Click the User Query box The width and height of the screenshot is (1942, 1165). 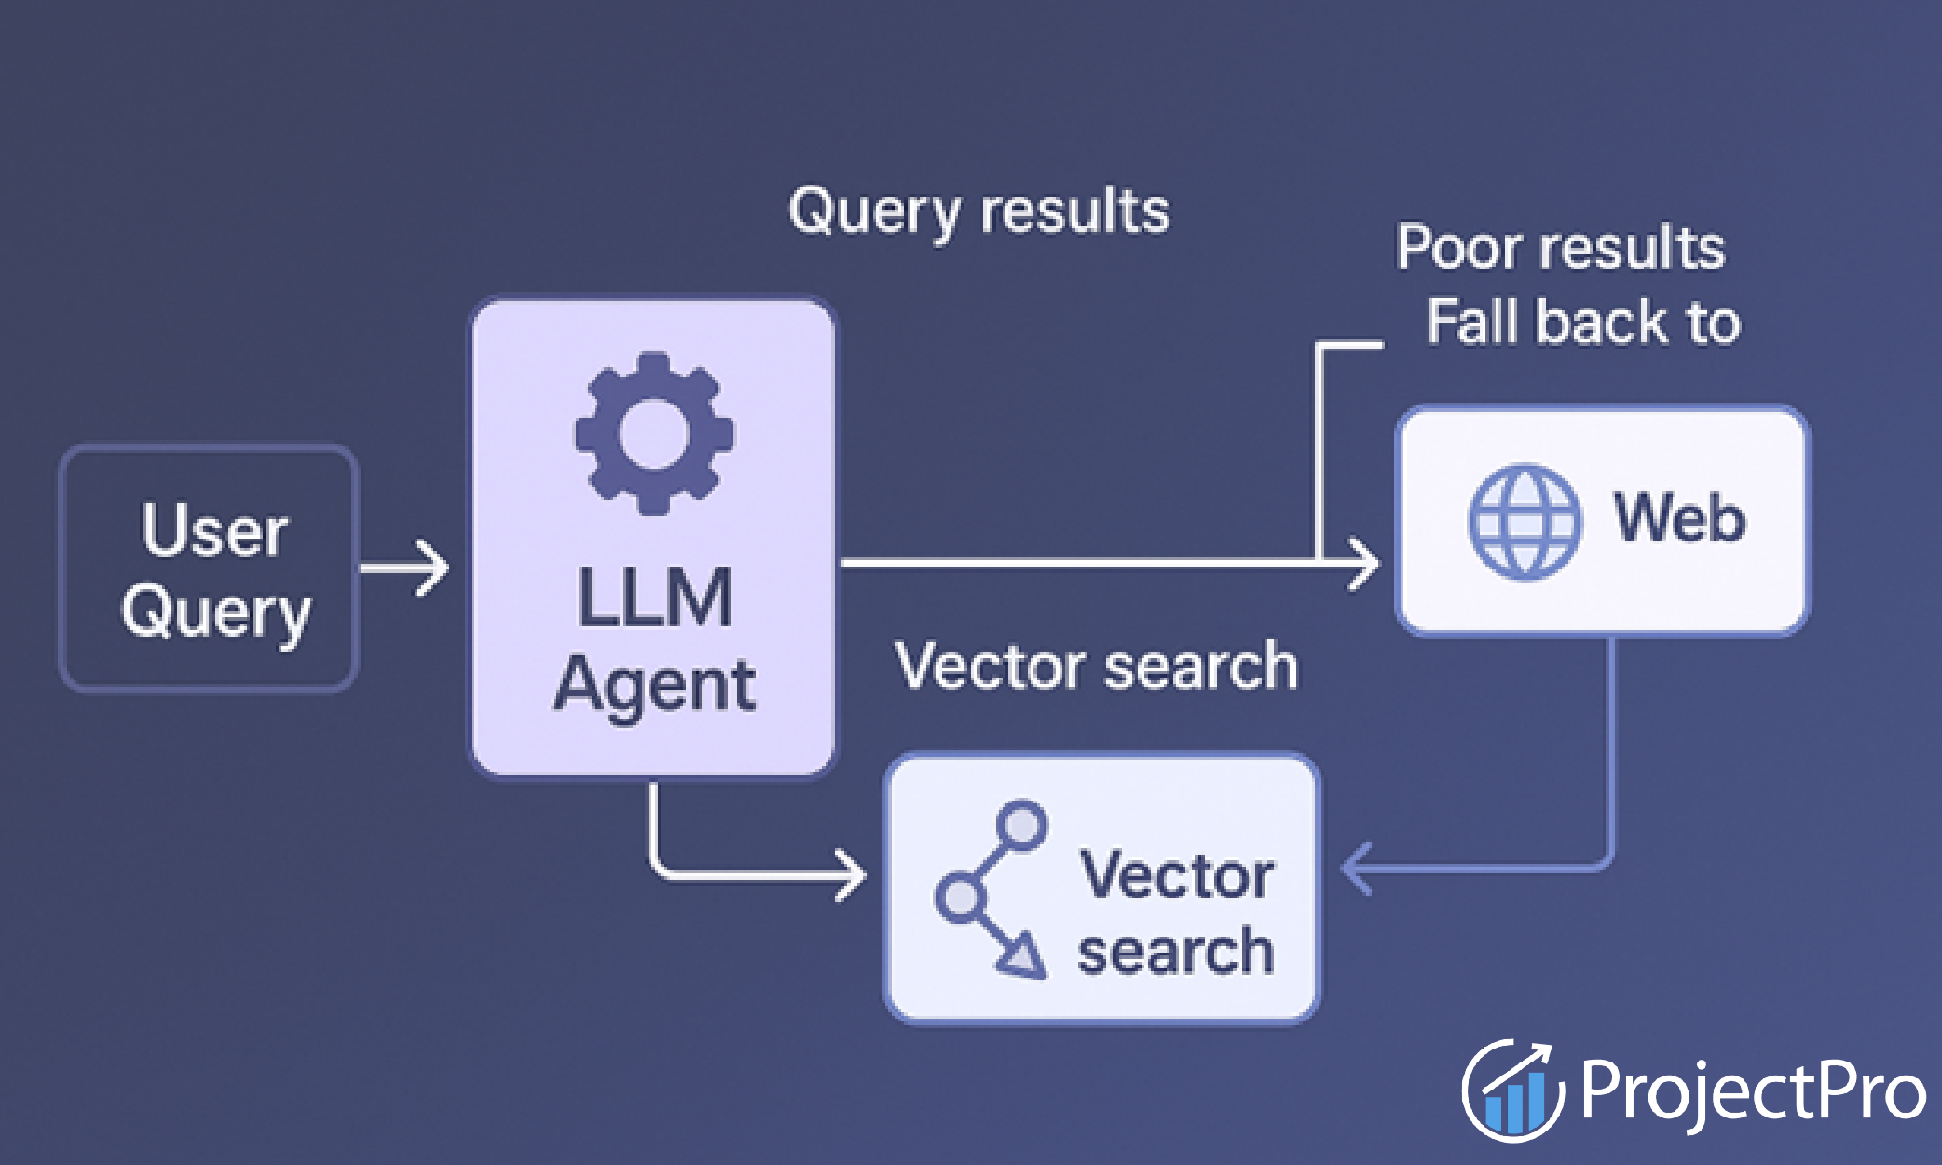(209, 569)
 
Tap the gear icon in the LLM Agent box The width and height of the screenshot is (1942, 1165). (654, 434)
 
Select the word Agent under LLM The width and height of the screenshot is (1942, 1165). (654, 686)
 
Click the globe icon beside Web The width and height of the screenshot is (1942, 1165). (1525, 522)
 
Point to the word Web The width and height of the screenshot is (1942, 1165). (1679, 518)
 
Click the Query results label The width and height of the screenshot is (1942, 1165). (978, 212)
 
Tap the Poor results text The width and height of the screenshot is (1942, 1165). (1560, 248)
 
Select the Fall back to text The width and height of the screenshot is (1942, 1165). (1582, 322)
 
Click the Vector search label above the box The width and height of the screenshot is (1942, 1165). (1096, 666)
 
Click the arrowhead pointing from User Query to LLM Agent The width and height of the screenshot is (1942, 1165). (434, 568)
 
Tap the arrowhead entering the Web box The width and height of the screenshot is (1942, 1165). (1366, 563)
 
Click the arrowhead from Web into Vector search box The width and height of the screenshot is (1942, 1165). (1355, 869)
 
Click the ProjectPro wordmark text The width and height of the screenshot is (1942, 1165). (1752, 1090)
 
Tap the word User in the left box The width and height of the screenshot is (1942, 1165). (214, 531)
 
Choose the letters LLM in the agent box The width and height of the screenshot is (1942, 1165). (654, 598)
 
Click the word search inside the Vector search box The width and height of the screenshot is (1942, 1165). (1176, 953)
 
